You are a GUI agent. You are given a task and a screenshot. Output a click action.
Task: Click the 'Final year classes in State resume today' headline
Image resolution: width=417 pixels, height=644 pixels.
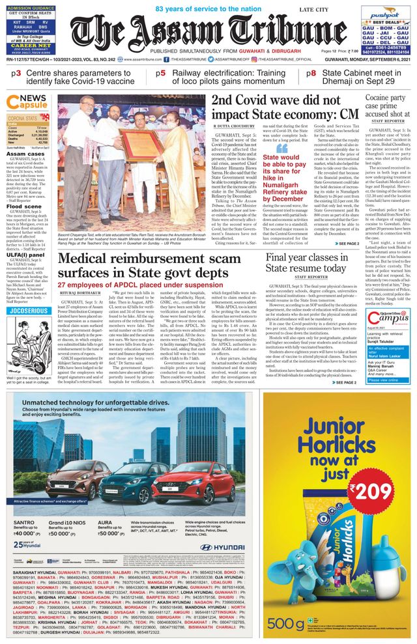tap(306, 262)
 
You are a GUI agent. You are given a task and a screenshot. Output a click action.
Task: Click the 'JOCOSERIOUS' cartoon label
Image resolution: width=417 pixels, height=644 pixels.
tap(29, 311)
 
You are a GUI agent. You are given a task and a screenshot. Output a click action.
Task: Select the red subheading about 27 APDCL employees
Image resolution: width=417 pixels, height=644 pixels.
tap(134, 285)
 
